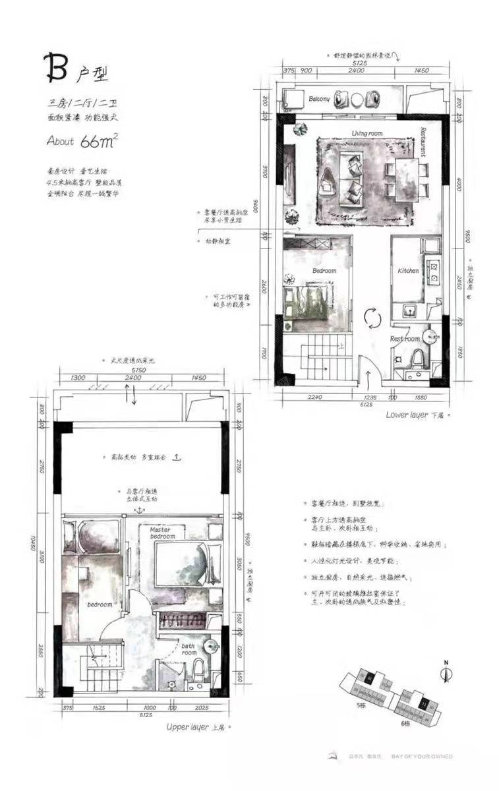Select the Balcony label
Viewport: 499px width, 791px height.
pyautogui.click(x=319, y=99)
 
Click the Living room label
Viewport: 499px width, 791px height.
pyautogui.click(x=367, y=133)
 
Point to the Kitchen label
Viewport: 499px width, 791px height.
pyautogui.click(x=408, y=271)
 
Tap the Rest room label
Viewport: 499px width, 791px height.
pyautogui.click(x=404, y=339)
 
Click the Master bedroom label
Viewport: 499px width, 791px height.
pyautogui.click(x=162, y=533)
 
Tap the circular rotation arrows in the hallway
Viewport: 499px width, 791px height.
pyautogui.click(x=373, y=318)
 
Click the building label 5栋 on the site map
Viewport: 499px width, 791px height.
pyautogui.click(x=360, y=705)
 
